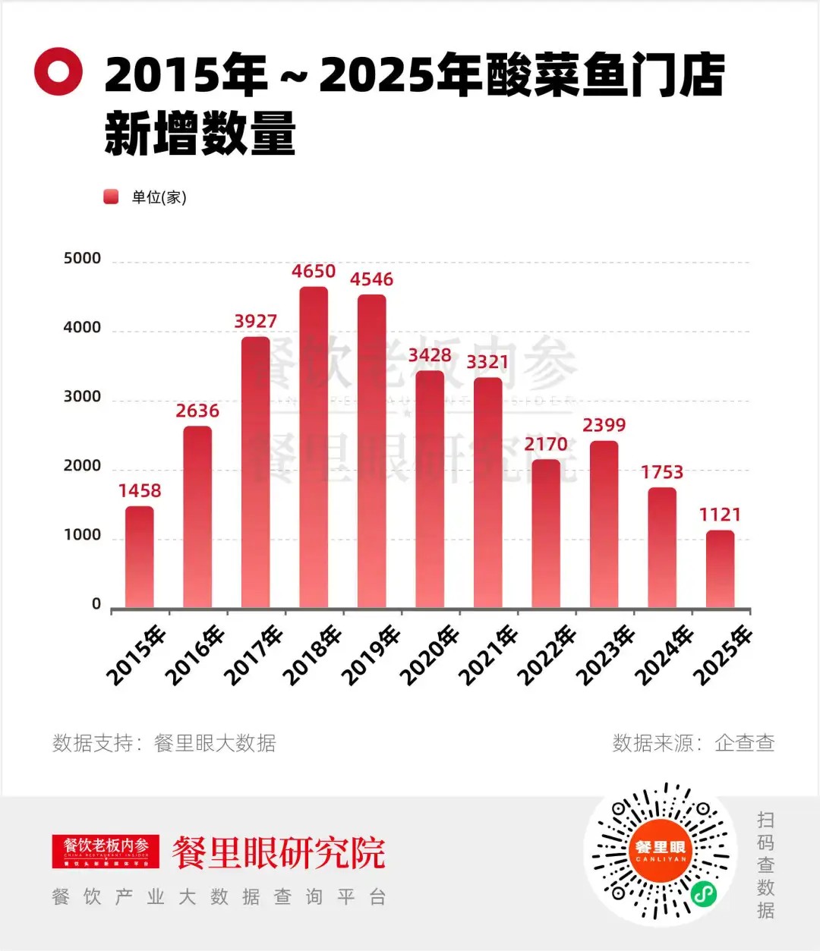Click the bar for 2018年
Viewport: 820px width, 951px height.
click(314, 448)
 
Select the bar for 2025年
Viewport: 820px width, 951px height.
click(720, 569)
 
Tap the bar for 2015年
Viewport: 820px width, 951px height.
click(140, 557)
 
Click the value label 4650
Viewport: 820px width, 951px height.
click(314, 271)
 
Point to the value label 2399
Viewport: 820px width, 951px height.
click(604, 425)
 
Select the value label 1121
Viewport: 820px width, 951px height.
click(720, 515)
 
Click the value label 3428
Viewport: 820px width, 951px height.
click(430, 355)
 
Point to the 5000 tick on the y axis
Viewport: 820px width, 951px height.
click(82, 259)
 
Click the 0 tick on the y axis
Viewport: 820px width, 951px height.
click(96, 604)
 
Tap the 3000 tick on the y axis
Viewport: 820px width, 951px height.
click(82, 397)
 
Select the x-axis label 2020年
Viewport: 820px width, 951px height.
click(430, 655)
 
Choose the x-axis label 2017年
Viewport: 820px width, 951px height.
click(254, 655)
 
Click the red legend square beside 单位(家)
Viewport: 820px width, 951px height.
click(112, 197)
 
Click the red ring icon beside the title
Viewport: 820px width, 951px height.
click(58, 71)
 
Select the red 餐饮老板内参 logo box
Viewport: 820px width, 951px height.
click(106, 851)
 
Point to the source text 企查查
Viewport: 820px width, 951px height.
click(744, 743)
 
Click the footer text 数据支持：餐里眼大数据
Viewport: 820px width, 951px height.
click(164, 743)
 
